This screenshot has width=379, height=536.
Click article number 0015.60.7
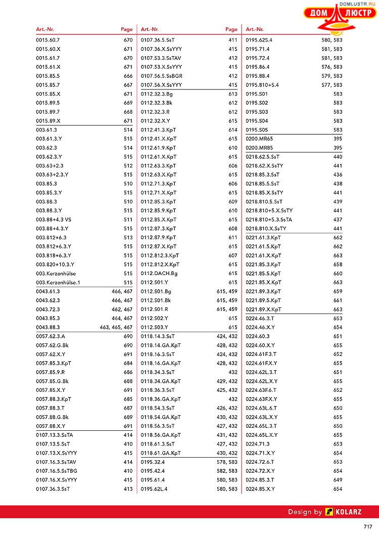[x=48, y=40]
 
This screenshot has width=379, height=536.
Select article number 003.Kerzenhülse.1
[x=58, y=282]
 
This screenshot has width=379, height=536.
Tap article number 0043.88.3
[x=48, y=327]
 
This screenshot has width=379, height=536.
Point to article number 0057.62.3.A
[x=51, y=336]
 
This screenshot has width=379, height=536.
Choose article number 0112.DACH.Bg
[x=159, y=273]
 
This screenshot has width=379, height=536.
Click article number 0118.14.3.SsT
[x=158, y=336]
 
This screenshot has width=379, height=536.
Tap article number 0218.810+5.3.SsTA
[x=269, y=219]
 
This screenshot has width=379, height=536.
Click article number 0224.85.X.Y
[x=260, y=489]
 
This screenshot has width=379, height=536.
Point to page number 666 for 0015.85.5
[x=128, y=76]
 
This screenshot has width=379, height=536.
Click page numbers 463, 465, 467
[x=116, y=327]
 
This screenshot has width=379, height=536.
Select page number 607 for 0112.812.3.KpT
[x=233, y=255]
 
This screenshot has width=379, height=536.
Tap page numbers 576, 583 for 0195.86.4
[x=332, y=67]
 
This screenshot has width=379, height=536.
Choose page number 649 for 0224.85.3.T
[x=338, y=480]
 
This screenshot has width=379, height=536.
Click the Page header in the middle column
[x=231, y=29]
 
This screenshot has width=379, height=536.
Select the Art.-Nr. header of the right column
[x=255, y=29]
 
